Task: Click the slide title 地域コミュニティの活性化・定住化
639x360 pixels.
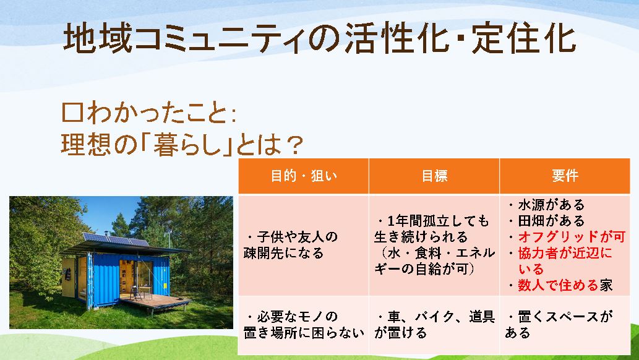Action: (320, 38)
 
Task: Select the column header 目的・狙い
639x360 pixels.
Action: (304, 176)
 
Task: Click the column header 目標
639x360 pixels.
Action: (434, 176)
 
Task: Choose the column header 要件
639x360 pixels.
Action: (565, 176)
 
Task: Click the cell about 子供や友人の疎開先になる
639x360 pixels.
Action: (291, 245)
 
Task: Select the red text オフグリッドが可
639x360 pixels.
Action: (572, 237)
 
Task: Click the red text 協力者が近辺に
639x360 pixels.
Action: (565, 253)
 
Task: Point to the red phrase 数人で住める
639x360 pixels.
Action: (558, 285)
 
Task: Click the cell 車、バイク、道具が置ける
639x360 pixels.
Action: (434, 325)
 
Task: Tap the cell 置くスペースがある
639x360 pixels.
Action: (559, 325)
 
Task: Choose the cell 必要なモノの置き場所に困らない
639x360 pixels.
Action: (304, 325)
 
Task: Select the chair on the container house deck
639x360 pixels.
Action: (134, 293)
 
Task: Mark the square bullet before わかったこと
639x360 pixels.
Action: (72, 113)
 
